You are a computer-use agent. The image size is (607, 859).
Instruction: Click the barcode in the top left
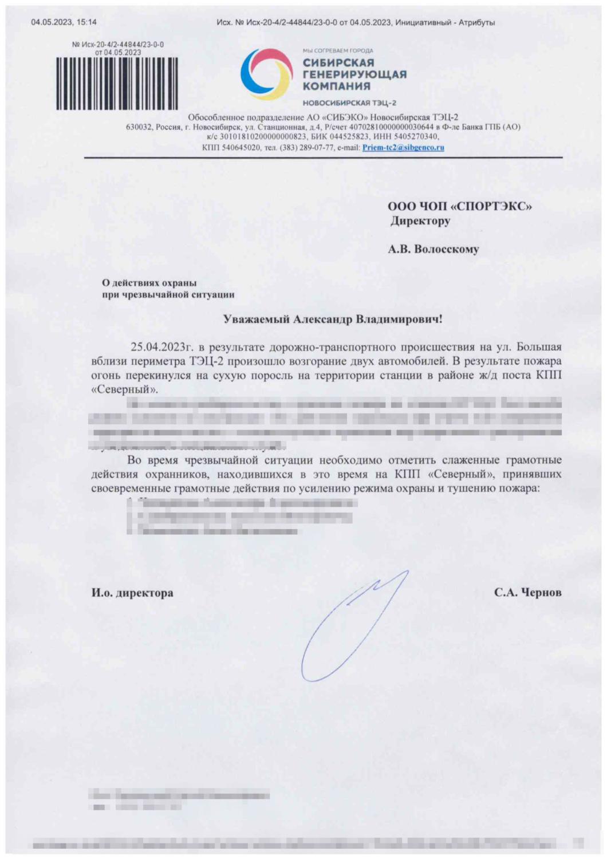click(116, 83)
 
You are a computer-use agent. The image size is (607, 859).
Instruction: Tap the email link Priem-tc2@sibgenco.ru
click(403, 147)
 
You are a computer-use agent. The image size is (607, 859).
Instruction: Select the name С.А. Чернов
click(527, 592)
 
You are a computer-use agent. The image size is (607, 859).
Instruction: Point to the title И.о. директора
click(132, 593)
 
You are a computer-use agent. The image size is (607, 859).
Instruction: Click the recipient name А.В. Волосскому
click(433, 249)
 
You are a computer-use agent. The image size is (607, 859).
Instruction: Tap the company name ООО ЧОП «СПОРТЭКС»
click(459, 206)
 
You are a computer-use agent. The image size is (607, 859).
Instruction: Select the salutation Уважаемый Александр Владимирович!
click(333, 319)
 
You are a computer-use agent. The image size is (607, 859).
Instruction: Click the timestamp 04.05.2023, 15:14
click(64, 22)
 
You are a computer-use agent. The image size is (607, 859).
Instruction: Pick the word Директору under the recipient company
click(420, 220)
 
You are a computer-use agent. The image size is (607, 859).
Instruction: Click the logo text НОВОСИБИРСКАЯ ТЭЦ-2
click(349, 103)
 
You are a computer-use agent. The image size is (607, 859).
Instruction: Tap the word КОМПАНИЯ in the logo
click(337, 86)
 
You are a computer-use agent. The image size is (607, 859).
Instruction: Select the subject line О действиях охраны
click(149, 282)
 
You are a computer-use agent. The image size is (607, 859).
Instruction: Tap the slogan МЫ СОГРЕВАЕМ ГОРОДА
click(338, 50)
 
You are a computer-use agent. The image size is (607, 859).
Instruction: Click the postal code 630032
click(138, 127)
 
